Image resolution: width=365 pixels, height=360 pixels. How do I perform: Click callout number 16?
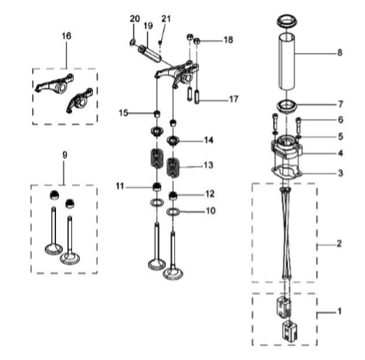[x=65, y=36]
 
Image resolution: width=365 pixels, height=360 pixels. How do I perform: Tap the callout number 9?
[x=64, y=154]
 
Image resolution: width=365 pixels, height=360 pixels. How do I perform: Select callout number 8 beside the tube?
[x=339, y=54]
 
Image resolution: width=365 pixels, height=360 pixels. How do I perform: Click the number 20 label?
[x=135, y=18]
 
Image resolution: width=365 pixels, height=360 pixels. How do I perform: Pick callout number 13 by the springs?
[x=209, y=165]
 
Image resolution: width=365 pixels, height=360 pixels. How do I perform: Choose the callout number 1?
[x=340, y=312]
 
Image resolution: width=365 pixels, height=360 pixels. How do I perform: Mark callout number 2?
[x=340, y=244]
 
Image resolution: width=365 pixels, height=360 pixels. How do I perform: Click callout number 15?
[x=123, y=114]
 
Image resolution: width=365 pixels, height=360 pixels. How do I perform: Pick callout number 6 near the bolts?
[x=340, y=120]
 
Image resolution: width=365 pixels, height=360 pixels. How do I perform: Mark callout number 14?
[x=209, y=140]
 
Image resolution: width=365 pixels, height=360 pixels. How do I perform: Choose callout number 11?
[x=120, y=186]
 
